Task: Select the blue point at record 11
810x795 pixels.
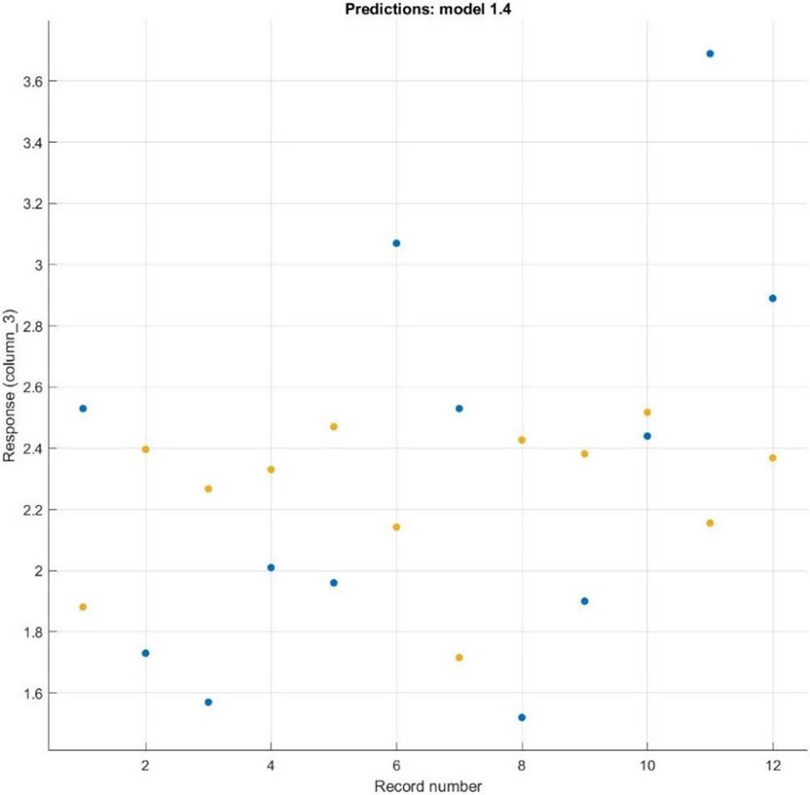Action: (709, 53)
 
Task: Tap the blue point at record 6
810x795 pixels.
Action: (396, 243)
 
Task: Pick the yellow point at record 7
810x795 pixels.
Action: (459, 658)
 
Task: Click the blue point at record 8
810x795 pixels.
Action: (522, 717)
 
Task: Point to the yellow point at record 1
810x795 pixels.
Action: (83, 607)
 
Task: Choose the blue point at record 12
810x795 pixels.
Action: (773, 298)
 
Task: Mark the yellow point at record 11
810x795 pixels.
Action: (709, 523)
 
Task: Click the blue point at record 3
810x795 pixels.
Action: (209, 702)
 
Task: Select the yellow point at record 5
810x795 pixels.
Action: (334, 427)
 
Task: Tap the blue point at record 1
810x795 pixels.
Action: (83, 409)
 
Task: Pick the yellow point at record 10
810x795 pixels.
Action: (647, 412)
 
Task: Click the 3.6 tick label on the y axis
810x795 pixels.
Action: (32, 81)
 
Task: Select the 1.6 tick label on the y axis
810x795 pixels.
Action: (32, 693)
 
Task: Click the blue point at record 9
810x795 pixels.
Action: (584, 601)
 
